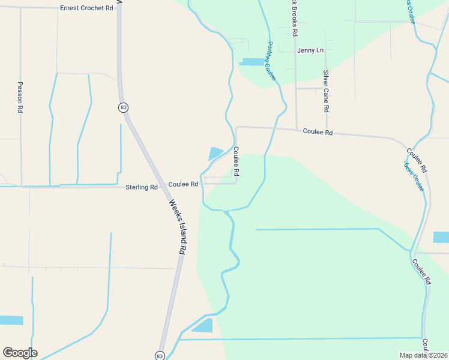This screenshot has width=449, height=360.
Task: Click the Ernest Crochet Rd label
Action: point(86,8)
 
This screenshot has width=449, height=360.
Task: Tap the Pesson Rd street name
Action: point(20,98)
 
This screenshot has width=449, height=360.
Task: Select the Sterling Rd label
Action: point(141,187)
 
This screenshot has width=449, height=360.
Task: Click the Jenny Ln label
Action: point(310,50)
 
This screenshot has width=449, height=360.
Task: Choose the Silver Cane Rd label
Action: point(326,91)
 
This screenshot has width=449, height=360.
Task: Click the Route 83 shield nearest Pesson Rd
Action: point(123,107)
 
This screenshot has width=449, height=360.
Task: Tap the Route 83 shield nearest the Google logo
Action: point(159,355)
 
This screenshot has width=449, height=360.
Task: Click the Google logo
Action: point(20,353)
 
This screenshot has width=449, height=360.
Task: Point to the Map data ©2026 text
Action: point(423,355)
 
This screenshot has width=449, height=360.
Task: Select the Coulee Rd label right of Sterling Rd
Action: point(183,184)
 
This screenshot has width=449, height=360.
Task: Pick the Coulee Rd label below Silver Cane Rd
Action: point(318,131)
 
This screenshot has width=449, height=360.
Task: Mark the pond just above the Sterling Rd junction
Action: point(215,154)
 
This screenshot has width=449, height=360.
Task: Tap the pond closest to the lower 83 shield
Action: point(202,326)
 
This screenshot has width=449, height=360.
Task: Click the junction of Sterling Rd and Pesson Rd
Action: point(21,187)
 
